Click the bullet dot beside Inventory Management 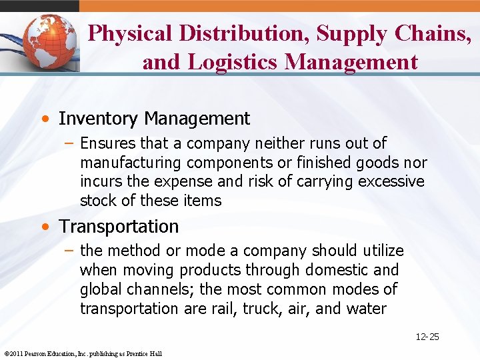tap(44, 119)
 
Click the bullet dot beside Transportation tap(44, 227)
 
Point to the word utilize tap(383, 251)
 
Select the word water tap(367, 309)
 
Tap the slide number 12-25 tap(427, 337)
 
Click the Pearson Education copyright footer tap(83, 353)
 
